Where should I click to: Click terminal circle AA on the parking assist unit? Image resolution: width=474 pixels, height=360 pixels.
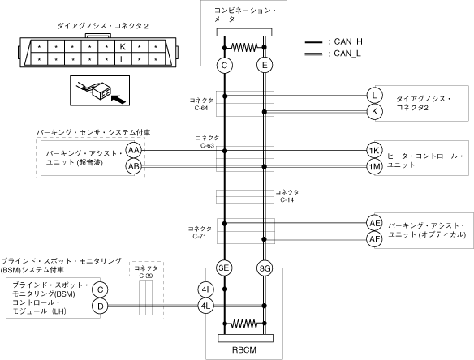click(x=134, y=150)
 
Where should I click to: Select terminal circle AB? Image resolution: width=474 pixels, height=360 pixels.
click(x=134, y=166)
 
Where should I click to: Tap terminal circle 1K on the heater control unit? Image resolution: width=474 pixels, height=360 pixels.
click(x=374, y=150)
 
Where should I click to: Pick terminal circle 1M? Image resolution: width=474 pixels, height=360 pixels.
click(x=374, y=166)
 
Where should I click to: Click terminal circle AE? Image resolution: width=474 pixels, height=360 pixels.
click(x=374, y=223)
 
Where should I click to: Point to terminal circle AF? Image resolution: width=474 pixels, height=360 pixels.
click(x=374, y=239)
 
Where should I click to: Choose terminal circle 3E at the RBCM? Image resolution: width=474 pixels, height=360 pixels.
click(x=224, y=268)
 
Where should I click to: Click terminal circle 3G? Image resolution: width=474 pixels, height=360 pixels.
click(x=265, y=268)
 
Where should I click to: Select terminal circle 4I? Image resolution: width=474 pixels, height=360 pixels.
click(x=205, y=289)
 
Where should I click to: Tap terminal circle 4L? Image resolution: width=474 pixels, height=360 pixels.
click(x=205, y=306)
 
